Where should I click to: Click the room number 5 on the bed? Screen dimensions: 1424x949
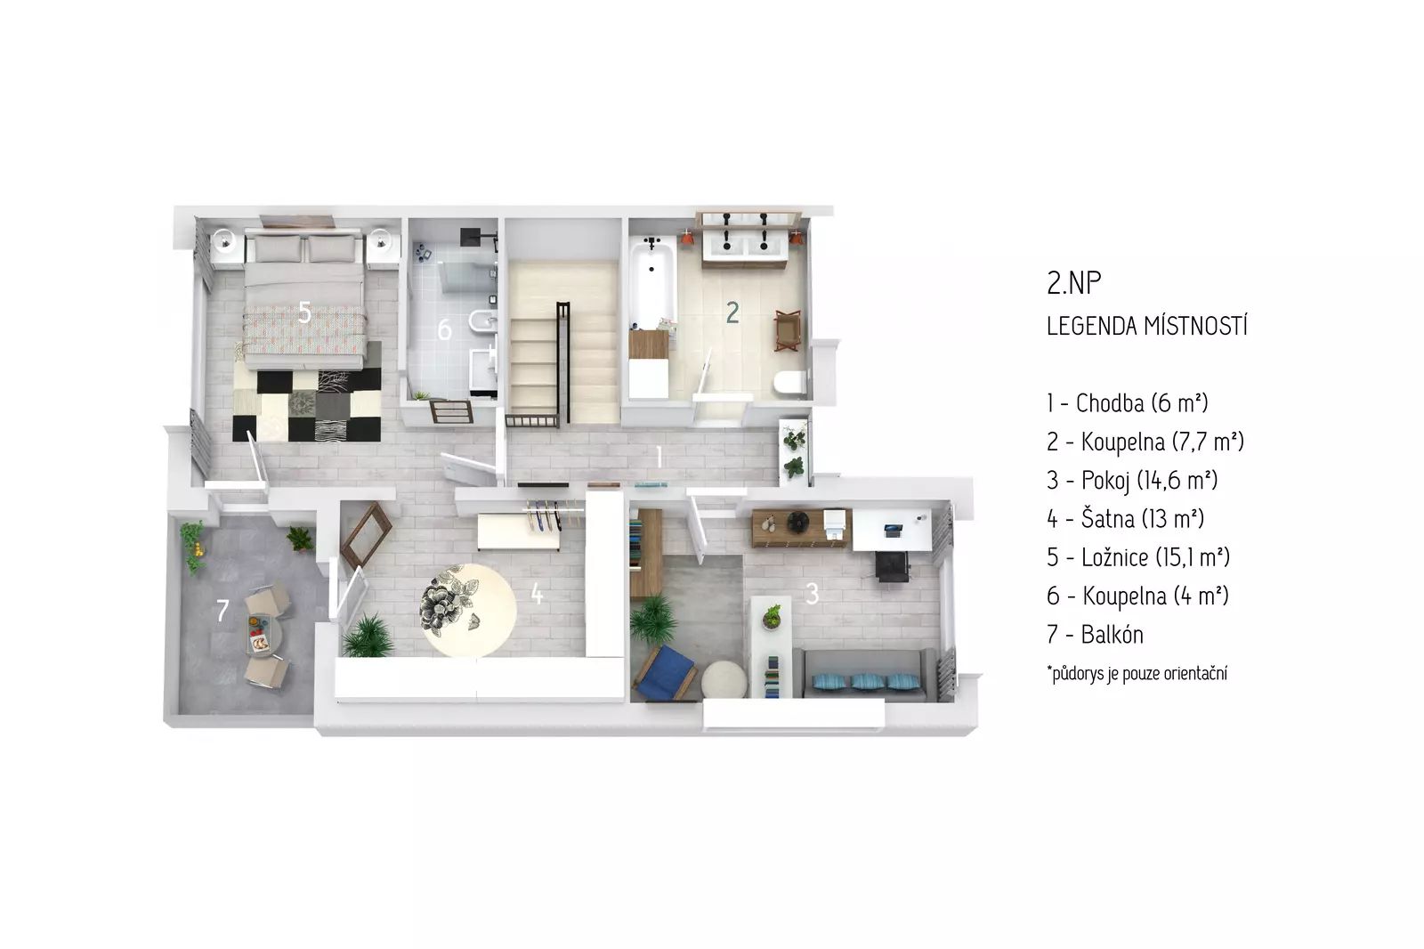click(x=305, y=312)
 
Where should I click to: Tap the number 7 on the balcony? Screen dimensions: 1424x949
click(x=222, y=611)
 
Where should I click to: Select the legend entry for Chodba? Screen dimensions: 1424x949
click(x=1127, y=402)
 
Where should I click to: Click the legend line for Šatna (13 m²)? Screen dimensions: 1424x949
click(x=1125, y=518)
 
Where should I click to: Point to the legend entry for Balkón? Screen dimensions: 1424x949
click(x=1095, y=634)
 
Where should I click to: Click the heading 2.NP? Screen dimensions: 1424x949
click(x=1073, y=283)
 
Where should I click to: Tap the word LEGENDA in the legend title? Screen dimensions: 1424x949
click(x=1091, y=326)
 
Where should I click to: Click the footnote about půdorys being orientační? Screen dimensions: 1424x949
click(x=1137, y=674)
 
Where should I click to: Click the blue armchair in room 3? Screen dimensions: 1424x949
click(x=665, y=673)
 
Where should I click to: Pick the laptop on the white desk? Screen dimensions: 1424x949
click(x=893, y=529)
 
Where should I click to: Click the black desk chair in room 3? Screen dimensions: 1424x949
click(x=892, y=566)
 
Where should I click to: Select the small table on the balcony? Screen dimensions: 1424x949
click(x=263, y=634)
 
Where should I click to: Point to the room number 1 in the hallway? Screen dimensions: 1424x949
click(x=659, y=458)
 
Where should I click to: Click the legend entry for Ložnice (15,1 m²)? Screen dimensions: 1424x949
click(x=1138, y=557)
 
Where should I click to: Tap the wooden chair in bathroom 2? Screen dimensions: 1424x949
click(x=788, y=330)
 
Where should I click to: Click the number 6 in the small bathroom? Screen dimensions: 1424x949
click(x=444, y=329)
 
